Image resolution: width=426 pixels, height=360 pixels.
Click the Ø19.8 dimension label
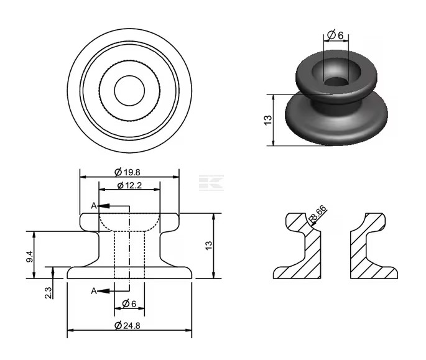tap(127, 172)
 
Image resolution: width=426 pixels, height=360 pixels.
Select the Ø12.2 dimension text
tap(129, 185)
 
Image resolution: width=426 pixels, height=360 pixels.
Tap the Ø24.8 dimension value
tap(127, 325)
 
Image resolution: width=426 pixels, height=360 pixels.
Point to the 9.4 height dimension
tap(30, 257)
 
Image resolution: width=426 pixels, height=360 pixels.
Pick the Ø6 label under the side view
tap(129, 303)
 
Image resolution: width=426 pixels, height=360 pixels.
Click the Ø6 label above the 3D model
tap(335, 35)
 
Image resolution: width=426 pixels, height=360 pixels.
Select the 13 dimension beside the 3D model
tap(267, 120)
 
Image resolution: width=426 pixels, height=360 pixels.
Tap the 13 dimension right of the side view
tap(209, 246)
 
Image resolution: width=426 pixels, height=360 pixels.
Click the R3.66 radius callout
tap(318, 214)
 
